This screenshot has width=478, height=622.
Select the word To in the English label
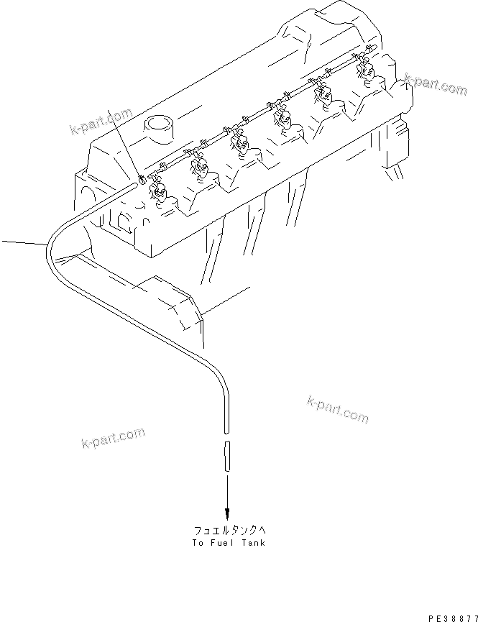click(198, 543)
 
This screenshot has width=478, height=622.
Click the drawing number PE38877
click(452, 617)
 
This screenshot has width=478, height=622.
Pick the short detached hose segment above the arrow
click(227, 455)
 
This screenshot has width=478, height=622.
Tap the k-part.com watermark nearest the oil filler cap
click(101, 122)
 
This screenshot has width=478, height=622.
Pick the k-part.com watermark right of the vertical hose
click(337, 409)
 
